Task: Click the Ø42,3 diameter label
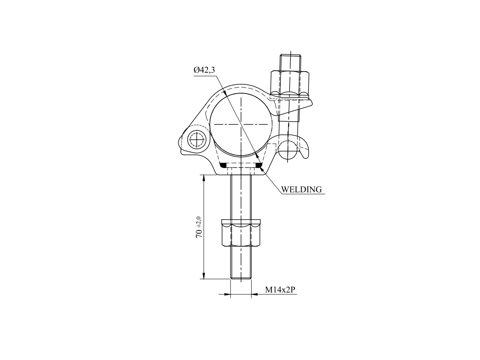204,70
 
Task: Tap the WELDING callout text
301,190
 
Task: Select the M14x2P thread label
280,290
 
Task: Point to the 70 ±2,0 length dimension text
198,227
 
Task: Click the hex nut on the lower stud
241,232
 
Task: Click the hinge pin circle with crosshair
197,139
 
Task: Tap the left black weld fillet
223,166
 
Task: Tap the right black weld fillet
259,166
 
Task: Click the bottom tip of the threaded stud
241,278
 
